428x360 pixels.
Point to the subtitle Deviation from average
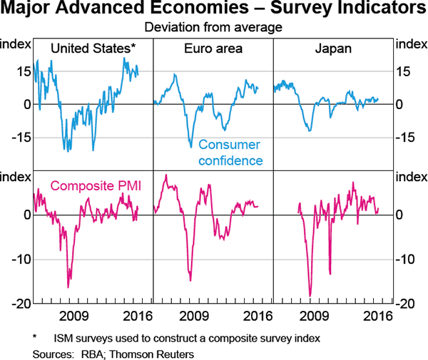pos(214,28)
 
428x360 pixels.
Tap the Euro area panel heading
pos(213,48)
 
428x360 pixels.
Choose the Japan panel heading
pos(332,48)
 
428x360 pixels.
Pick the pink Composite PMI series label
pos(96,186)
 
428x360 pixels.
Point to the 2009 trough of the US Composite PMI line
pos(68,287)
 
